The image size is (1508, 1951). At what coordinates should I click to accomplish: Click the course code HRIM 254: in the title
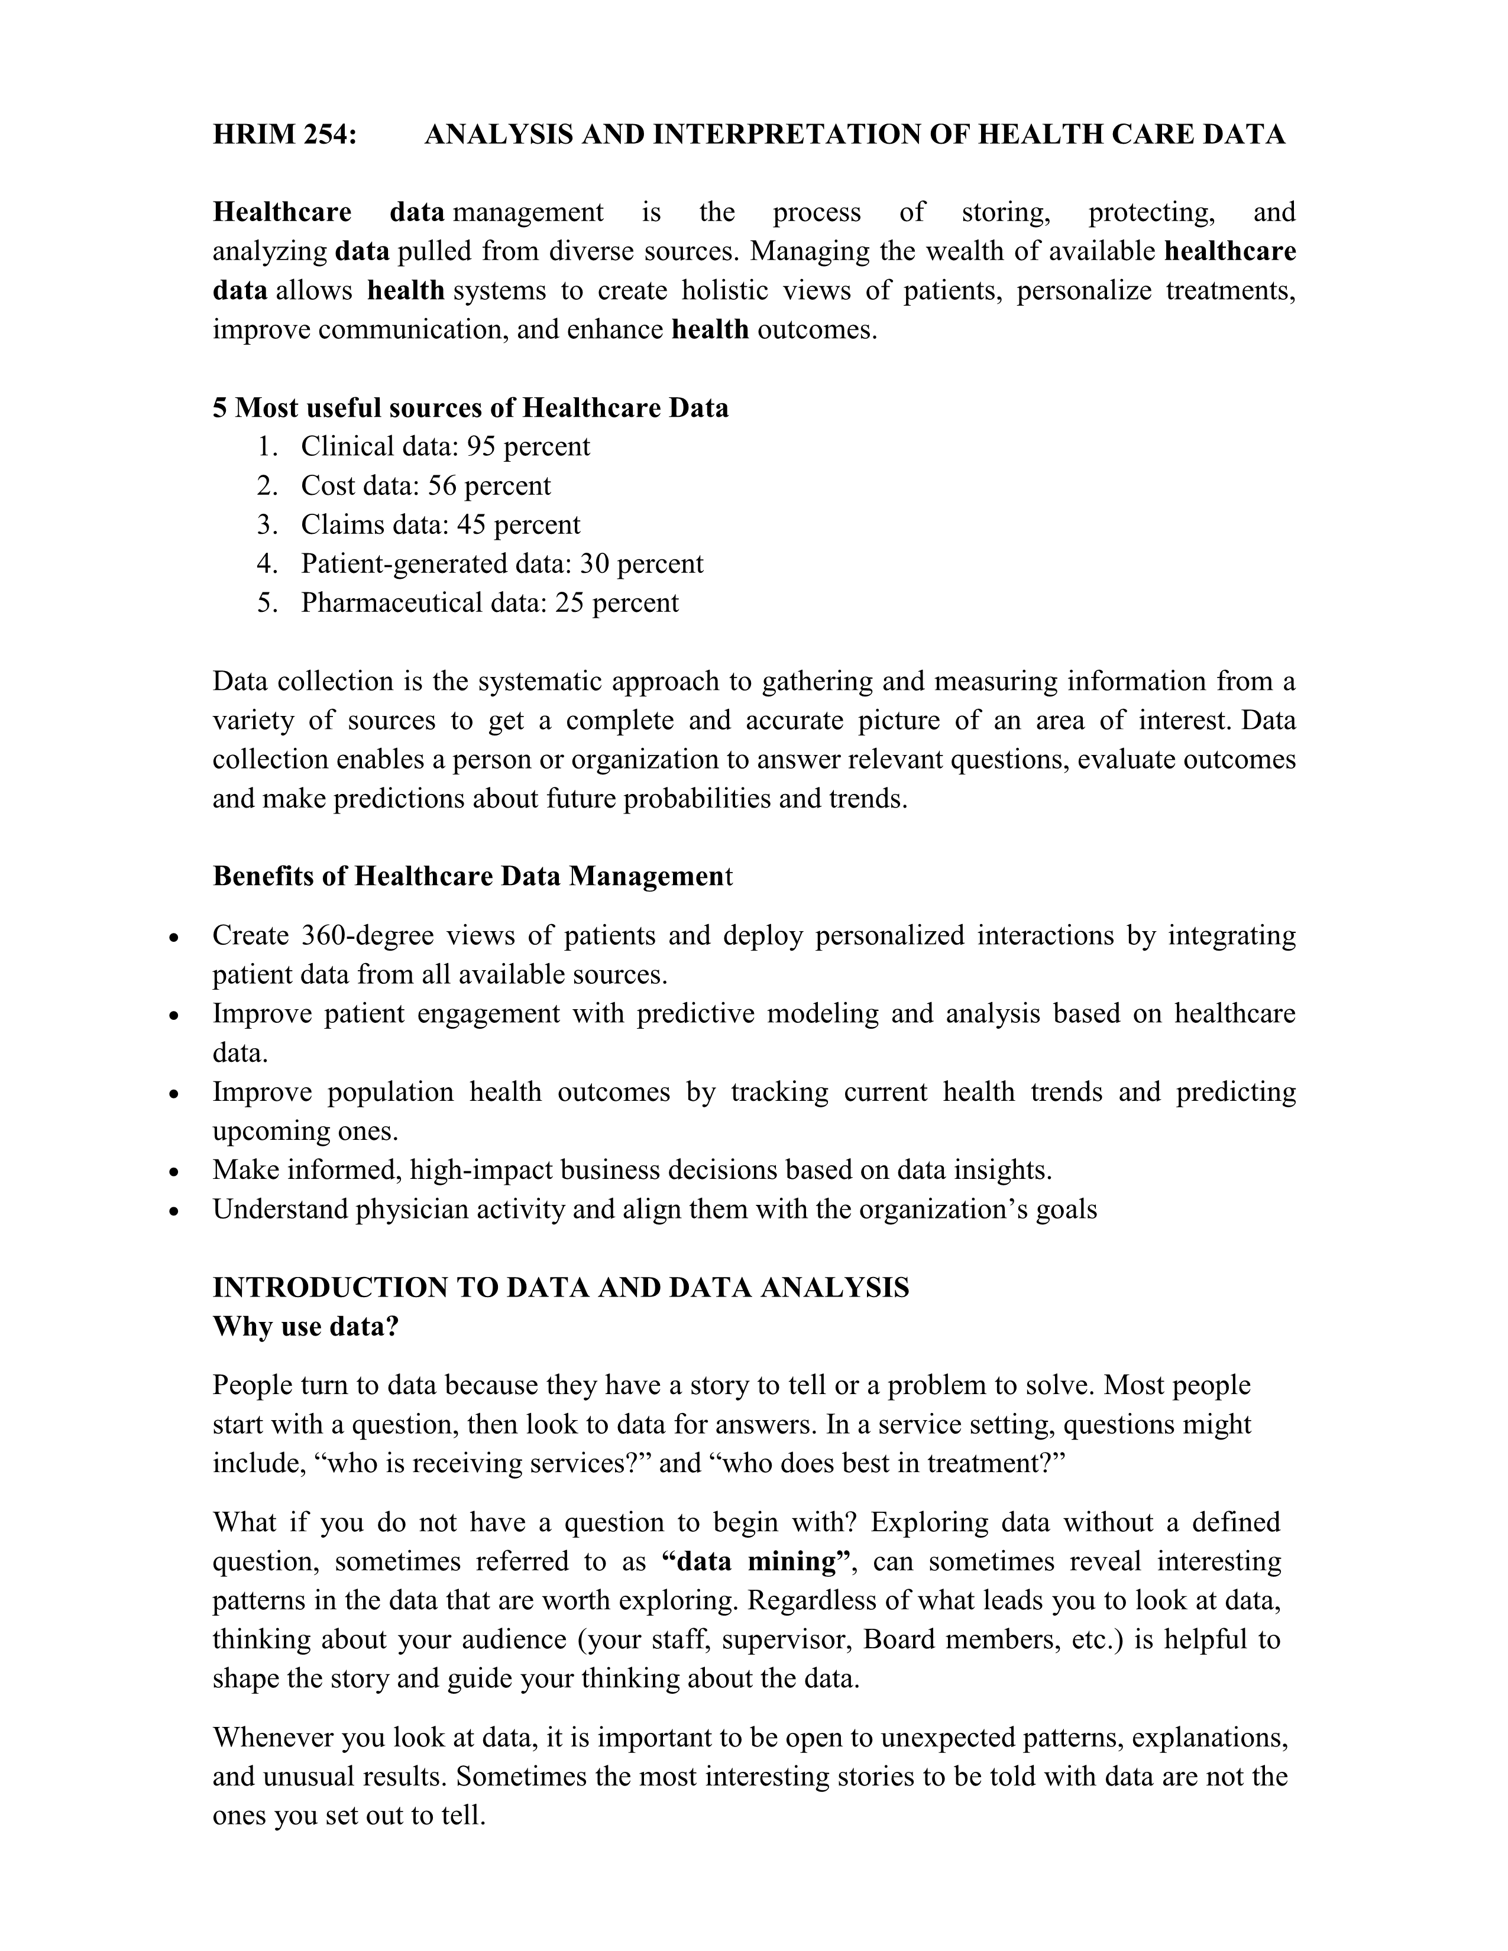pyautogui.click(x=284, y=135)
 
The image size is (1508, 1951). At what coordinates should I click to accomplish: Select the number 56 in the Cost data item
pyautogui.click(x=443, y=486)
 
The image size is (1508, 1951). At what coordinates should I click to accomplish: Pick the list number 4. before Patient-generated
pyautogui.click(x=267, y=563)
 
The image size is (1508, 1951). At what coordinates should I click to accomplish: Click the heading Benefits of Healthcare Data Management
pyautogui.click(x=472, y=876)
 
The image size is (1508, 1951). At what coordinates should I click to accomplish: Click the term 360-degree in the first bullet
pyautogui.click(x=367, y=935)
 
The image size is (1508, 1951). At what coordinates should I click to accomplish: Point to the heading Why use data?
pyautogui.click(x=306, y=1327)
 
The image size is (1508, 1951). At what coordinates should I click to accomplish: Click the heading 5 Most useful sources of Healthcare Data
pyautogui.click(x=470, y=409)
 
